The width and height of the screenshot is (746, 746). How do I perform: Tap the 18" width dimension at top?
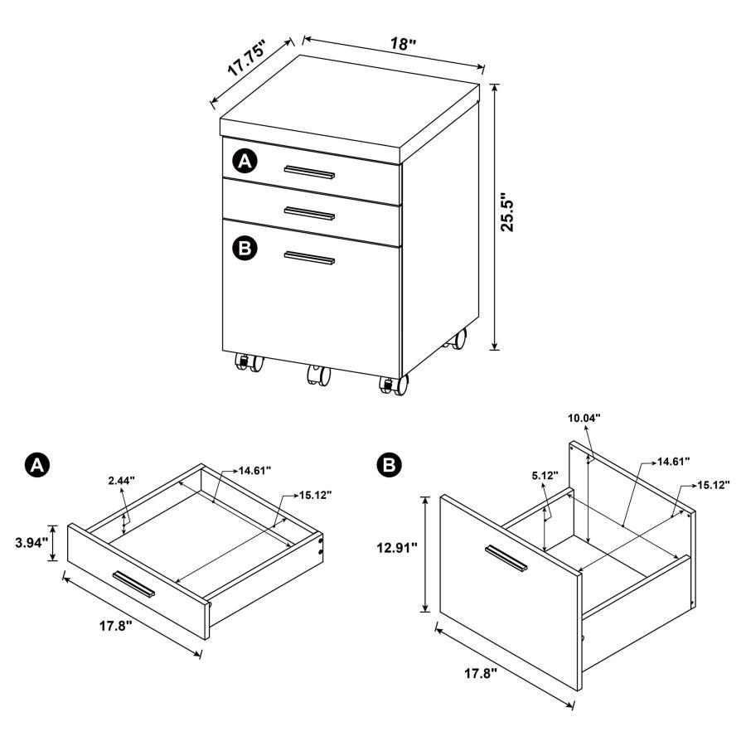click(x=404, y=44)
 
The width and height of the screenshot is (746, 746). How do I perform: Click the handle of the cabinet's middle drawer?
click(x=309, y=213)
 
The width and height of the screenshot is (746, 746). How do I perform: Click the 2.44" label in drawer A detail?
click(x=121, y=480)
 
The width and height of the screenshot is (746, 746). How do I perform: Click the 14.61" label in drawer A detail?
click(x=257, y=471)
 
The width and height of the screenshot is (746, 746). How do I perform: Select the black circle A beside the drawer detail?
click(x=36, y=466)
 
